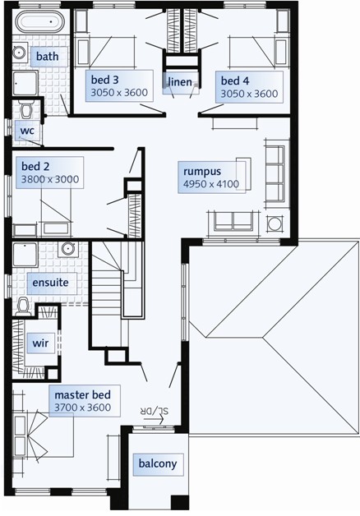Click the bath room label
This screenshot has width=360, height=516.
tap(48, 56)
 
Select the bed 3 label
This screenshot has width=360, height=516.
tap(104, 80)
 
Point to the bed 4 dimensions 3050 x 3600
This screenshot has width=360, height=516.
tap(249, 94)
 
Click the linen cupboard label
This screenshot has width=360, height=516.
tap(180, 81)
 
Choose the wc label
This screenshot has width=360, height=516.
tap(27, 131)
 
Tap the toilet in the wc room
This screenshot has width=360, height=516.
tap(25, 109)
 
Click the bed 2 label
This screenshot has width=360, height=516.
tap(35, 166)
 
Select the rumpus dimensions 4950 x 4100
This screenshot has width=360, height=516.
tap(211, 184)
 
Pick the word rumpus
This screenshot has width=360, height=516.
tap(202, 172)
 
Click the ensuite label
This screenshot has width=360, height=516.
tap(50, 283)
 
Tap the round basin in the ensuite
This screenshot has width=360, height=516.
tap(68, 249)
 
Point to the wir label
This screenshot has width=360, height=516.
tap(40, 343)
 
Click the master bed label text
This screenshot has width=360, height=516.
tap(82, 394)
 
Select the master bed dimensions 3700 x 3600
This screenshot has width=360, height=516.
tap(82, 408)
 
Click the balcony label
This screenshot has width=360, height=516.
tap(158, 463)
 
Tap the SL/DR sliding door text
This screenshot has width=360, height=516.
tap(155, 411)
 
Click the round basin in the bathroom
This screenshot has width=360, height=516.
tap(19, 52)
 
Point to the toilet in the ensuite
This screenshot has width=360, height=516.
tap(23, 306)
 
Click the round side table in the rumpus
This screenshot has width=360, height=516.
tap(274, 224)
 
